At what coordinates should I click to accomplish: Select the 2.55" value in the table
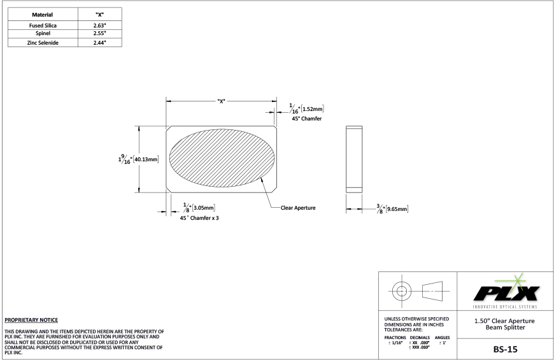pos(99,34)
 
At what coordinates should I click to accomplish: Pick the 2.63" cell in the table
pos(99,25)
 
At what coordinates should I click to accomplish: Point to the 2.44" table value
pos(99,42)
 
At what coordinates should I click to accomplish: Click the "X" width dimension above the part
pos(221,101)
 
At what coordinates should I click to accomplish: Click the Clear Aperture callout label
pos(298,208)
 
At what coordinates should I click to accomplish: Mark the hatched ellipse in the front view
pos(221,159)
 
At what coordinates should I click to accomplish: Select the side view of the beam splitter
pos(354,159)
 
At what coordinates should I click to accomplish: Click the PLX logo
pos(507,292)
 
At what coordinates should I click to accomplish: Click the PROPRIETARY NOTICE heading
pos(31,319)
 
